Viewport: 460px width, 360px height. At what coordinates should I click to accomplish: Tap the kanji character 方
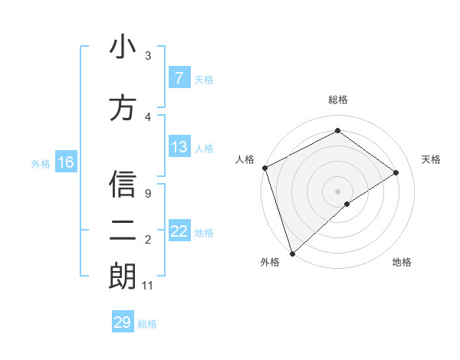coord(123,107)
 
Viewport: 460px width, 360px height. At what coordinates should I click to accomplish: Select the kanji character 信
coord(123,186)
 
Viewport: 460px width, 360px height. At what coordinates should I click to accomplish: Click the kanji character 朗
coord(123,277)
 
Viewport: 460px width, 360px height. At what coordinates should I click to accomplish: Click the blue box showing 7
coord(179,78)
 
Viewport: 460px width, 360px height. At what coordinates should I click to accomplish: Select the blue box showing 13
coord(179,147)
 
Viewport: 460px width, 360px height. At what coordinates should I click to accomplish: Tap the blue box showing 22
coord(179,231)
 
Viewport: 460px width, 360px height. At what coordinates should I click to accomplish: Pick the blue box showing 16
coord(65,162)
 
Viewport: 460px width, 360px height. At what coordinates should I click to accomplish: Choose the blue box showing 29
coord(122,322)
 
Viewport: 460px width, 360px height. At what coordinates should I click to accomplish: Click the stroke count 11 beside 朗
coord(148,286)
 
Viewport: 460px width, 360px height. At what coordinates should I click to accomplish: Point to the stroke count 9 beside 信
coord(147,194)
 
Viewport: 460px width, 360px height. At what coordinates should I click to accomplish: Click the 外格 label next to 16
coord(40,163)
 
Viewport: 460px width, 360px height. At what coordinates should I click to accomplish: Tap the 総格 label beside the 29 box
coord(147,323)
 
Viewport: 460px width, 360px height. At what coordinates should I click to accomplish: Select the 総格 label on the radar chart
coord(337,100)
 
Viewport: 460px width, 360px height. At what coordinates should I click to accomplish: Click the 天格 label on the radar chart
coord(432,159)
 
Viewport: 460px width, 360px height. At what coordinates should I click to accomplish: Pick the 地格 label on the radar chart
coord(402,262)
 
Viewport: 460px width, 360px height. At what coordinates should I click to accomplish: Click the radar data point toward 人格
coord(264,168)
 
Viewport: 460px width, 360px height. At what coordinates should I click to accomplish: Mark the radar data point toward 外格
coord(291,253)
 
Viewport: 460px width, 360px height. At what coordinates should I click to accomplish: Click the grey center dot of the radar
coord(337,191)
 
